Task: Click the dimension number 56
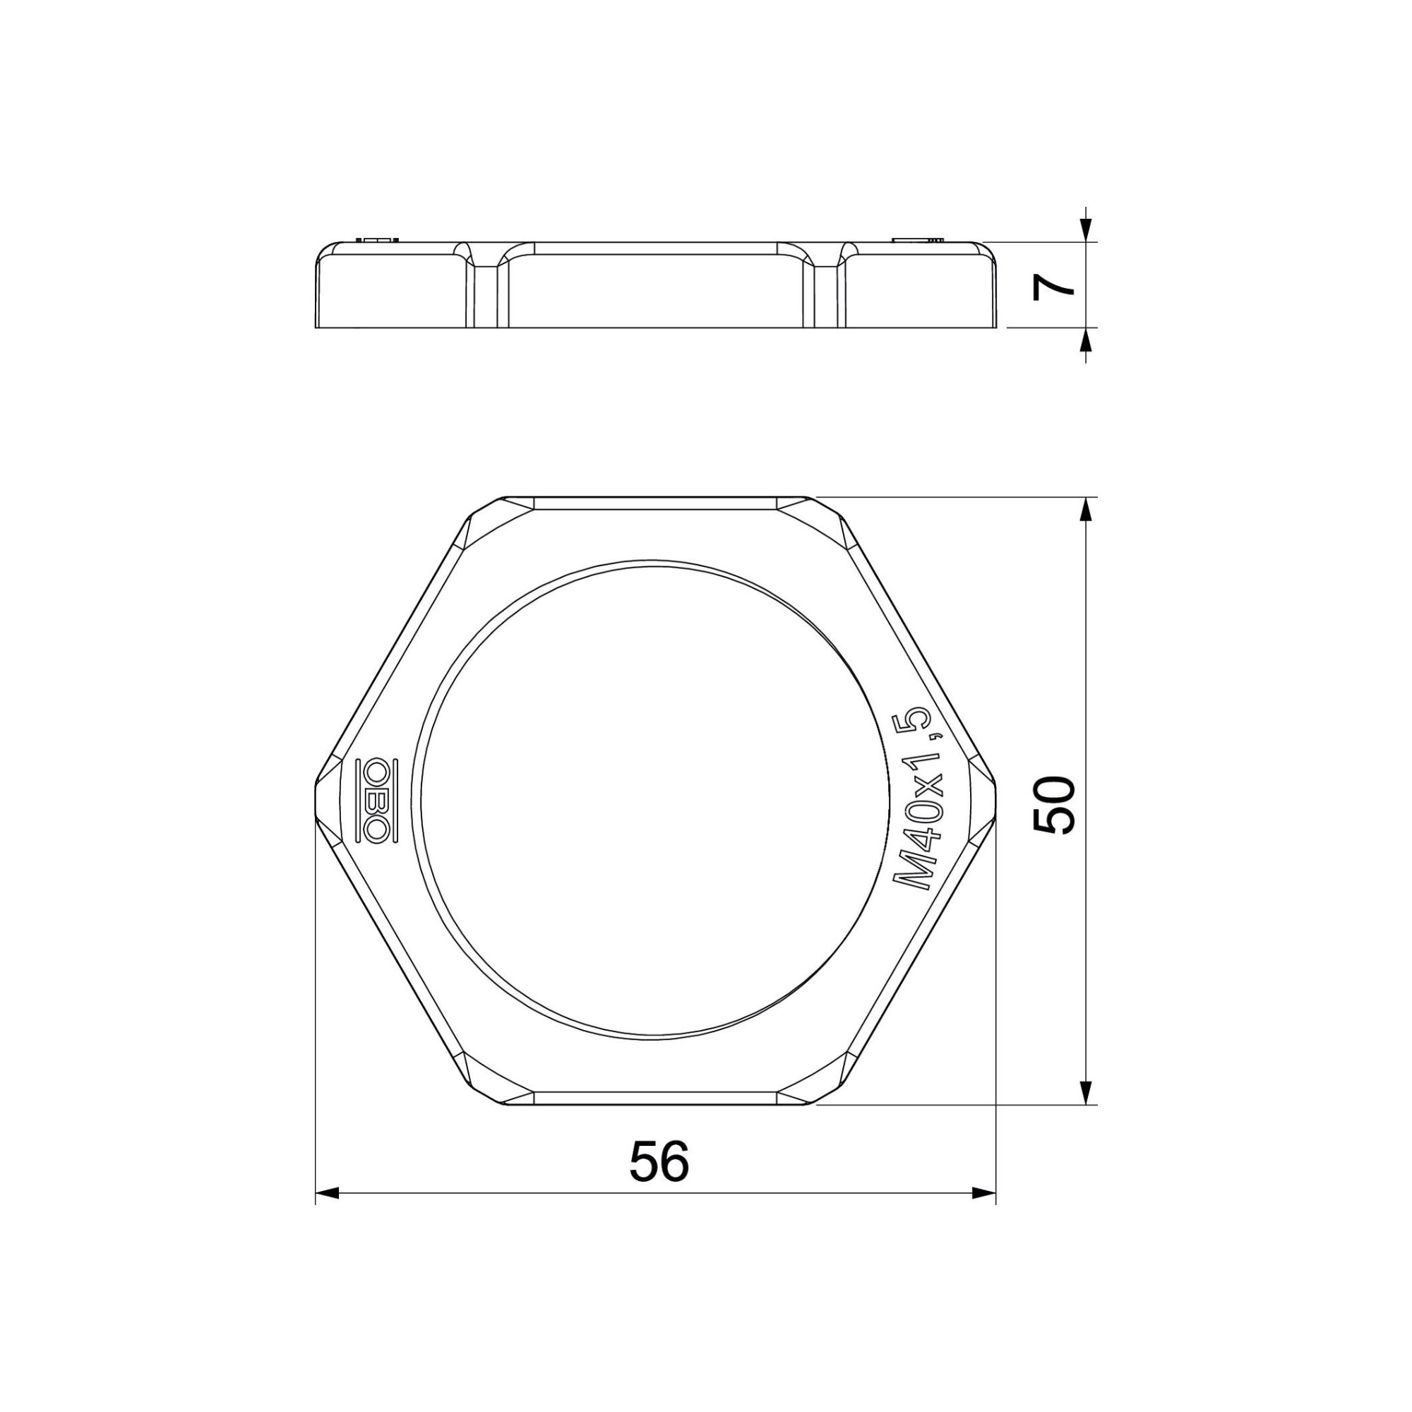pyautogui.click(x=659, y=1161)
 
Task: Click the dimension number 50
pyautogui.click(x=1054, y=805)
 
